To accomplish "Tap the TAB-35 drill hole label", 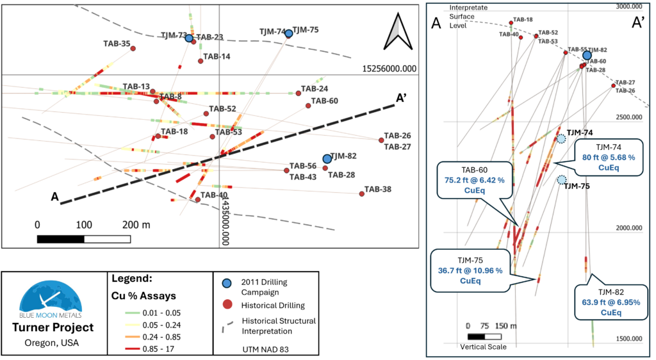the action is tap(117, 44).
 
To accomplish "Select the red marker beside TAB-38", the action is tap(362, 193).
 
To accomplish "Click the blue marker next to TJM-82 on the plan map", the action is tap(327, 159).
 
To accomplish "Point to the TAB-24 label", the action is tap(315, 88).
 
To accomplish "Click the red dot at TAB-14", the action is tap(201, 61).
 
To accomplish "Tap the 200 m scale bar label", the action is tap(136, 225).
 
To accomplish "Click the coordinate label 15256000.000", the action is tap(389, 69).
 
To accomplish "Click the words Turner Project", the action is tap(53, 327).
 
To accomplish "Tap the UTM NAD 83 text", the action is tap(266, 350).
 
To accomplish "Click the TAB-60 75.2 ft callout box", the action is tap(475, 180).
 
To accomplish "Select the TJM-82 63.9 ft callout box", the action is tap(611, 302).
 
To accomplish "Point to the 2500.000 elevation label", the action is tap(629, 117).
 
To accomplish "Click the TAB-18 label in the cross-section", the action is tap(523, 20).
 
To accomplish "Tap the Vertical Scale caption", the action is tap(483, 347).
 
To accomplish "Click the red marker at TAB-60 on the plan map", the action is tap(308, 106).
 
